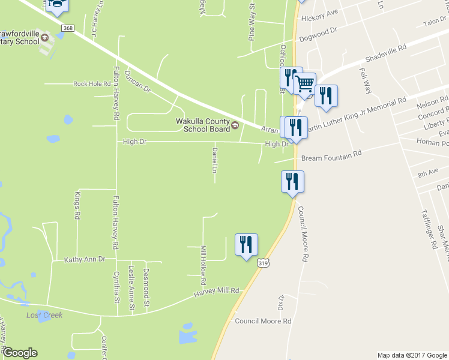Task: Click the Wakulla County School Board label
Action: coord(202,125)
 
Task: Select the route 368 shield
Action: coord(68,29)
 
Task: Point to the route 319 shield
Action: coord(262,263)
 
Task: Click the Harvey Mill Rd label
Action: coord(216,292)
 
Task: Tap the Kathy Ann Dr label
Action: coord(85,259)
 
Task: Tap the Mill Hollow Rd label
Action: coord(203,265)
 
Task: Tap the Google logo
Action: coord(20,353)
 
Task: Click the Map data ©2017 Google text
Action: coord(412,355)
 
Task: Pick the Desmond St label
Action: coord(147,281)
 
